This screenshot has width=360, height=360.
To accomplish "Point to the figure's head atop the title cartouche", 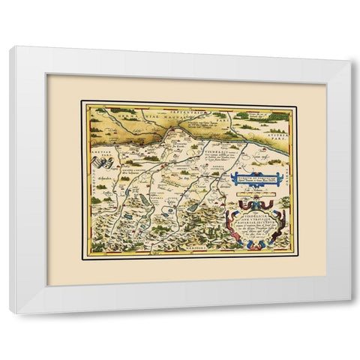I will pyautogui.click(x=256, y=208).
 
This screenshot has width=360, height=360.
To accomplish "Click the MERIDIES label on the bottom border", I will pyautogui.click(x=187, y=253).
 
